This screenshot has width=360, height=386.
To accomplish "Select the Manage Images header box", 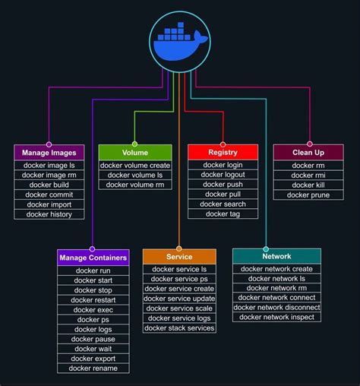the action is pyautogui.click(x=49, y=153).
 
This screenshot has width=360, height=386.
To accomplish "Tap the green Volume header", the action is pyautogui.click(x=135, y=153).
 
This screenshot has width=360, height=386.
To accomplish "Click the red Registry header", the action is pyautogui.click(x=223, y=152).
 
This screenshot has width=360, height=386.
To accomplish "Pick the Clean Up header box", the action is pyautogui.click(x=308, y=152).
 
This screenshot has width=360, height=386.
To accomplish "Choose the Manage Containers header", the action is pyautogui.click(x=93, y=258).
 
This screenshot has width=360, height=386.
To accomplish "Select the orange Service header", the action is pyautogui.click(x=179, y=257).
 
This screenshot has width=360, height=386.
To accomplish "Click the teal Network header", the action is pyautogui.click(x=276, y=256).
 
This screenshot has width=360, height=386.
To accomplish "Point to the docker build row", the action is pyautogui.click(x=49, y=185).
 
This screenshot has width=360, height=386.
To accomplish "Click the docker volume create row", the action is pyautogui.click(x=135, y=166).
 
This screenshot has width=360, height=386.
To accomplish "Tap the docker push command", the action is pyautogui.click(x=223, y=185).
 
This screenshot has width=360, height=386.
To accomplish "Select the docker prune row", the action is pyautogui.click(x=308, y=195).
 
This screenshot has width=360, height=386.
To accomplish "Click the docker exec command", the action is pyautogui.click(x=93, y=310).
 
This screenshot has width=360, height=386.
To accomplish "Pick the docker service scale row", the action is pyautogui.click(x=179, y=308).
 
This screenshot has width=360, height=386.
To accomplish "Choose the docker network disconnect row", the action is pyautogui.click(x=276, y=307).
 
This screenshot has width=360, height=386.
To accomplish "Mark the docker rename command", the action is pyautogui.click(x=93, y=369).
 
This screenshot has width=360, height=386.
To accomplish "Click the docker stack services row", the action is pyautogui.click(x=179, y=328).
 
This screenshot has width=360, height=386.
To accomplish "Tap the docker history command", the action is pyautogui.click(x=49, y=214).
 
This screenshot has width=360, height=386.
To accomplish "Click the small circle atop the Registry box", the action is pyautogui.click(x=223, y=144).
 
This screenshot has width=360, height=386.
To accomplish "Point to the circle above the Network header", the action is pyautogui.click(x=266, y=248).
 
